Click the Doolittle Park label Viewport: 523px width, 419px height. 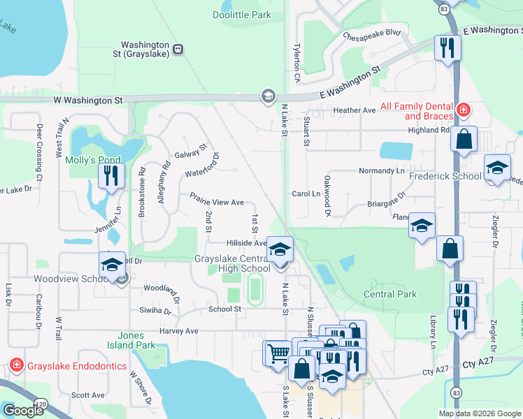coord(241,14)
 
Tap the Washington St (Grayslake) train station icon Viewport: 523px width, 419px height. coord(178,49)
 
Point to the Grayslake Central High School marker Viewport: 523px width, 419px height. coord(280,250)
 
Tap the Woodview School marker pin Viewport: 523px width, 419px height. coord(112,265)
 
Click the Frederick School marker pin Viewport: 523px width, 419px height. coord(497,168)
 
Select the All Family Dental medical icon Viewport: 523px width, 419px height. coord(462,110)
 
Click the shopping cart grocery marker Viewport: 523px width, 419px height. coord(278,353)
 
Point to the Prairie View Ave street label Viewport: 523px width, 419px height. coord(217,202)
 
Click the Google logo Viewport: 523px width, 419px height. coord(22,411)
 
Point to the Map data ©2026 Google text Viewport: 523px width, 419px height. coord(479,413)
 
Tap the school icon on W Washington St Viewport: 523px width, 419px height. coord(267,96)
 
